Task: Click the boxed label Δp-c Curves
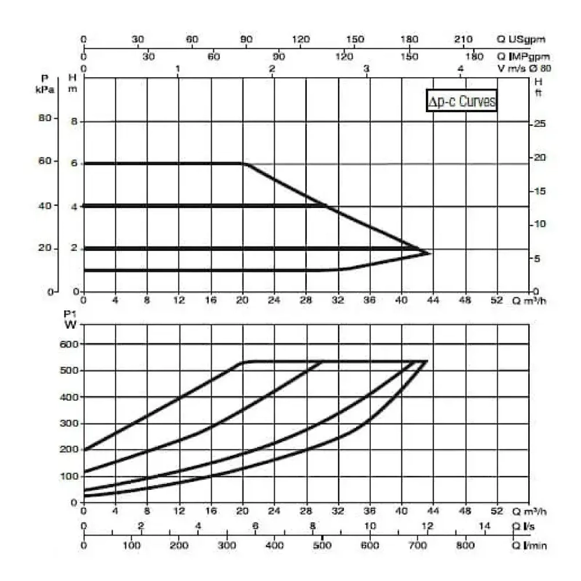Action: pyautogui.click(x=462, y=101)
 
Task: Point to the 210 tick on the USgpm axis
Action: pyautogui.click(x=462, y=40)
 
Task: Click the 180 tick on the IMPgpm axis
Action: pyautogui.click(x=475, y=56)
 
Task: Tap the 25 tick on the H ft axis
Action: pyautogui.click(x=540, y=124)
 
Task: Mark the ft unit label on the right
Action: pyautogui.click(x=538, y=92)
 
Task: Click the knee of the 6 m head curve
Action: pyautogui.click(x=243, y=164)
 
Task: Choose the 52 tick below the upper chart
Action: pyautogui.click(x=497, y=300)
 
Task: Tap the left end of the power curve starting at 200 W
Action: pyautogui.click(x=85, y=450)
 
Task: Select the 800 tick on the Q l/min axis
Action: pyautogui.click(x=464, y=546)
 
